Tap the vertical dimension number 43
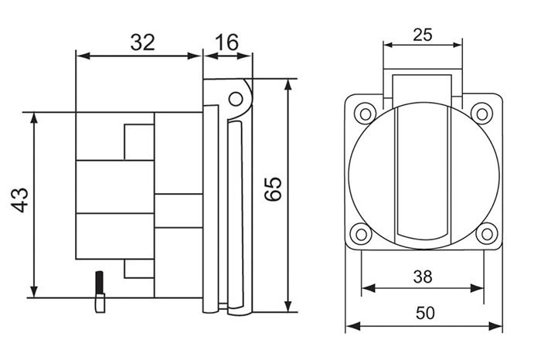coord(21,199)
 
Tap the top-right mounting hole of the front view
coord(481,114)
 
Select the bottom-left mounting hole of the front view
coord(360,233)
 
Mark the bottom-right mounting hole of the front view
coord(485,233)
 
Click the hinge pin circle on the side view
coord(237,98)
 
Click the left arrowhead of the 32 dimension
coord(80,56)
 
